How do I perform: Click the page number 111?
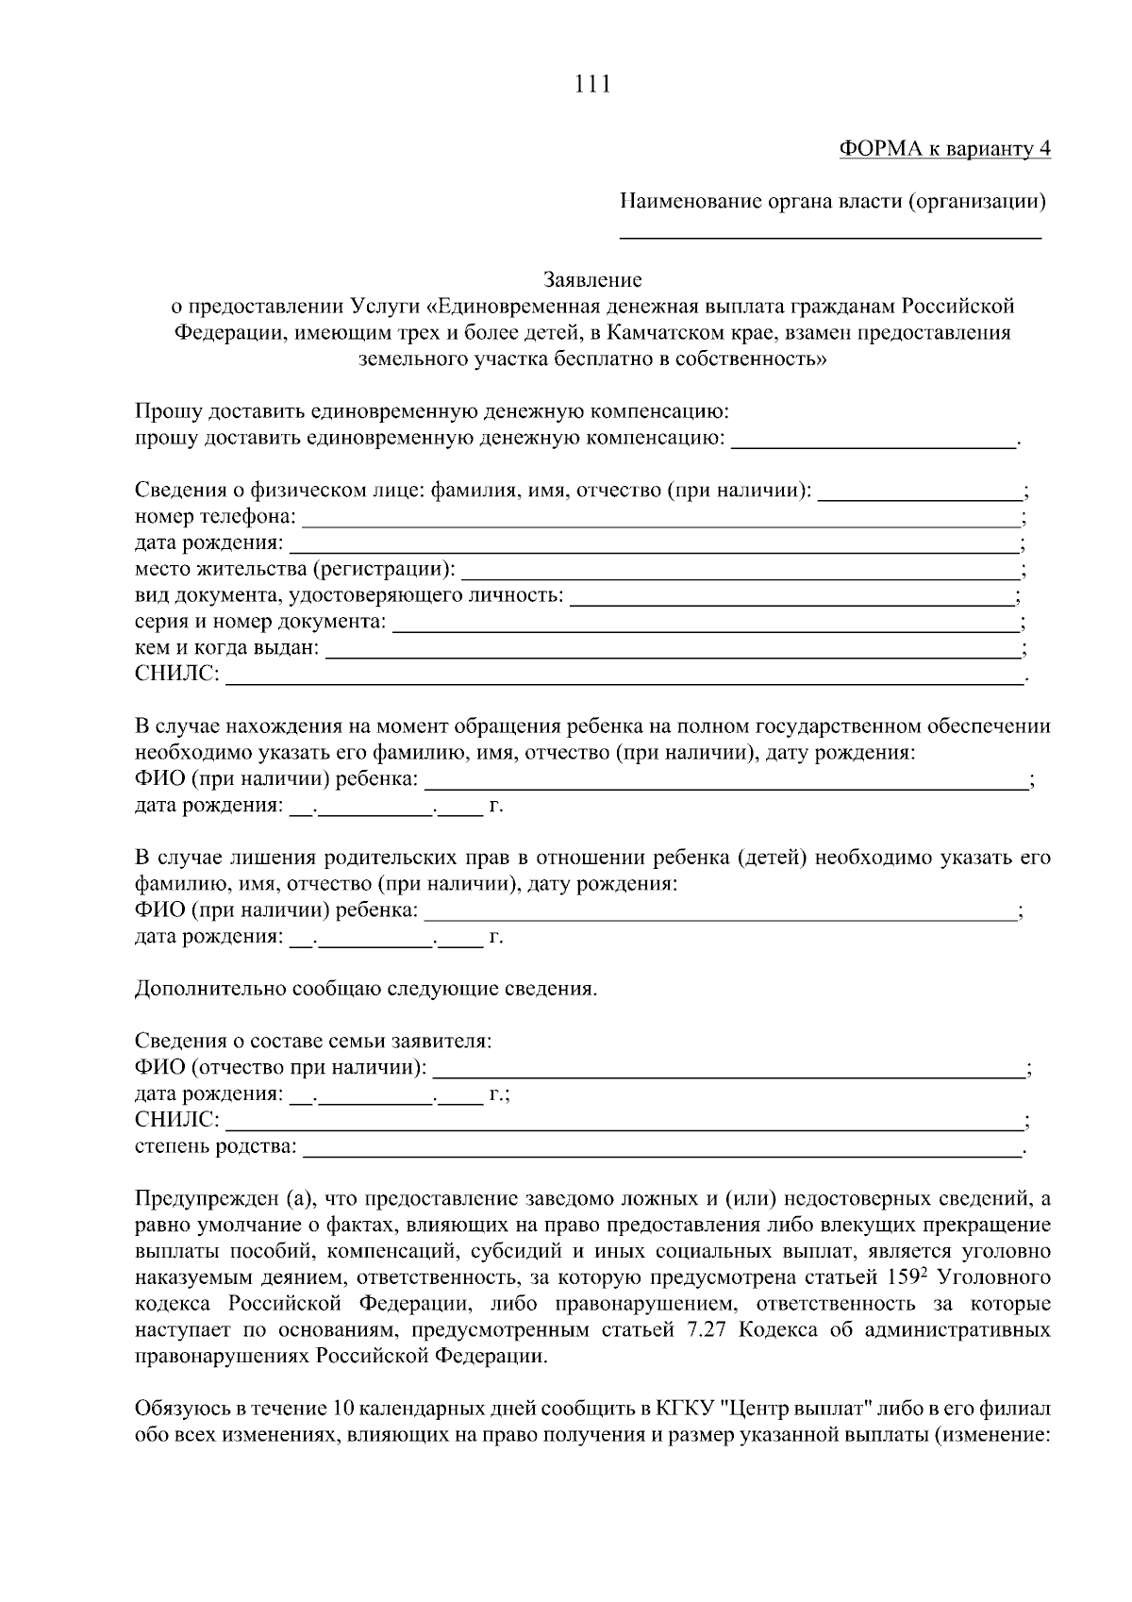592,85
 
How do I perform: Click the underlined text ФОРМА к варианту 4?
944,149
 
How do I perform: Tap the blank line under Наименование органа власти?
830,236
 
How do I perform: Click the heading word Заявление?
592,280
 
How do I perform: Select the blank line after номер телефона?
660,519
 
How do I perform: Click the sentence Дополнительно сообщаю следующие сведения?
366,990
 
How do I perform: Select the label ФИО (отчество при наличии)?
280,1068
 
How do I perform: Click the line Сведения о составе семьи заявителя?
313,1042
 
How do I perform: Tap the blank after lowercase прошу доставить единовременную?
874,441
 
